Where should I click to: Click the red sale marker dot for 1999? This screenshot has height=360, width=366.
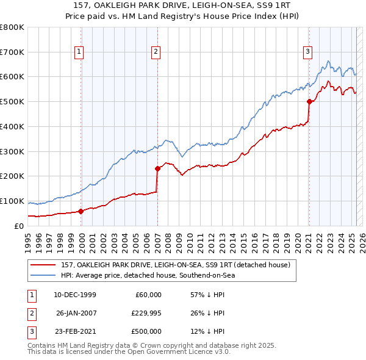(x=81, y=211)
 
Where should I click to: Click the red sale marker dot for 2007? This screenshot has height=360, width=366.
(x=157, y=168)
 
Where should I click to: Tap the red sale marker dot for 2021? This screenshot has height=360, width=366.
(x=309, y=102)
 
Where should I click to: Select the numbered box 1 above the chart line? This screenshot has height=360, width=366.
(x=79, y=52)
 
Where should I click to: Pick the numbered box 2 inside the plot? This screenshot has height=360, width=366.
(x=156, y=52)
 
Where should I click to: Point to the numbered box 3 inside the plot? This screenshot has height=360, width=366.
(x=308, y=52)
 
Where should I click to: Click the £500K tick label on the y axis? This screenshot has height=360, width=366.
(x=12, y=102)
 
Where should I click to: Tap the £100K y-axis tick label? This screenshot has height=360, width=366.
(x=12, y=201)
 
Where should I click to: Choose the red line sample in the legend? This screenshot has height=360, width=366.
(x=43, y=265)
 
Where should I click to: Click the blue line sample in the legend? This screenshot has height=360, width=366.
(x=43, y=275)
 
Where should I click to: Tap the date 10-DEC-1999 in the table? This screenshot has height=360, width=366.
(x=74, y=295)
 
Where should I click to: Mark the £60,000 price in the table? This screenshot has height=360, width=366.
(x=148, y=295)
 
